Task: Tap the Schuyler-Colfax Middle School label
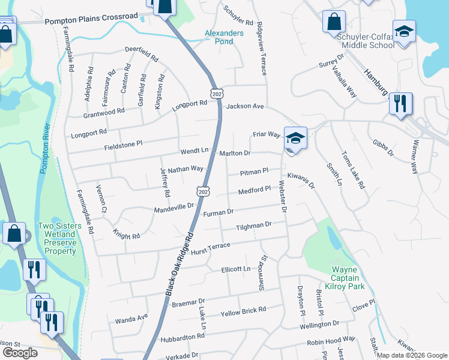[366, 41]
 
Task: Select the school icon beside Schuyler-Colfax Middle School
[404, 31]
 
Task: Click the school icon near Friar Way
[295, 138]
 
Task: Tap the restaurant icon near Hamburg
[400, 103]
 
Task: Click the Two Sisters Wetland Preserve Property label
[56, 238]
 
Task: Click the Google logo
[20, 353]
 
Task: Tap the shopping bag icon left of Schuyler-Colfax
[334, 22]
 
